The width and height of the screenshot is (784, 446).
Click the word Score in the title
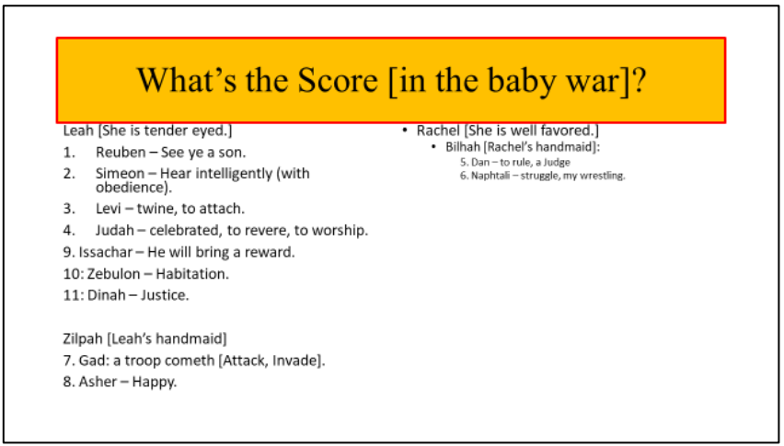tap(338, 80)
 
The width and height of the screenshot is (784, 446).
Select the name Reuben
tap(121, 153)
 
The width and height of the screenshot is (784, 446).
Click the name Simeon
tap(120, 173)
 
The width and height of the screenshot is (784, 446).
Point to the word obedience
tap(130, 188)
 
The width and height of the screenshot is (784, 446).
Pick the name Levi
tap(108, 208)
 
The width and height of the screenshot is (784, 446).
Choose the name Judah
tap(115, 230)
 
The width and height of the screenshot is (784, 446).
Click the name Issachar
tap(106, 252)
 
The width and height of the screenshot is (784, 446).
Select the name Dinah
tap(107, 295)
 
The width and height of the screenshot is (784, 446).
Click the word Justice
tap(165, 295)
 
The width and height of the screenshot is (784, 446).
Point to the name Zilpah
tap(83, 339)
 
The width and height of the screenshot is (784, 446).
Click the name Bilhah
tap(463, 147)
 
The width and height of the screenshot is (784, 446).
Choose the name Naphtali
tap(490, 176)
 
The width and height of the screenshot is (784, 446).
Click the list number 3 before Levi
tap(69, 208)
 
